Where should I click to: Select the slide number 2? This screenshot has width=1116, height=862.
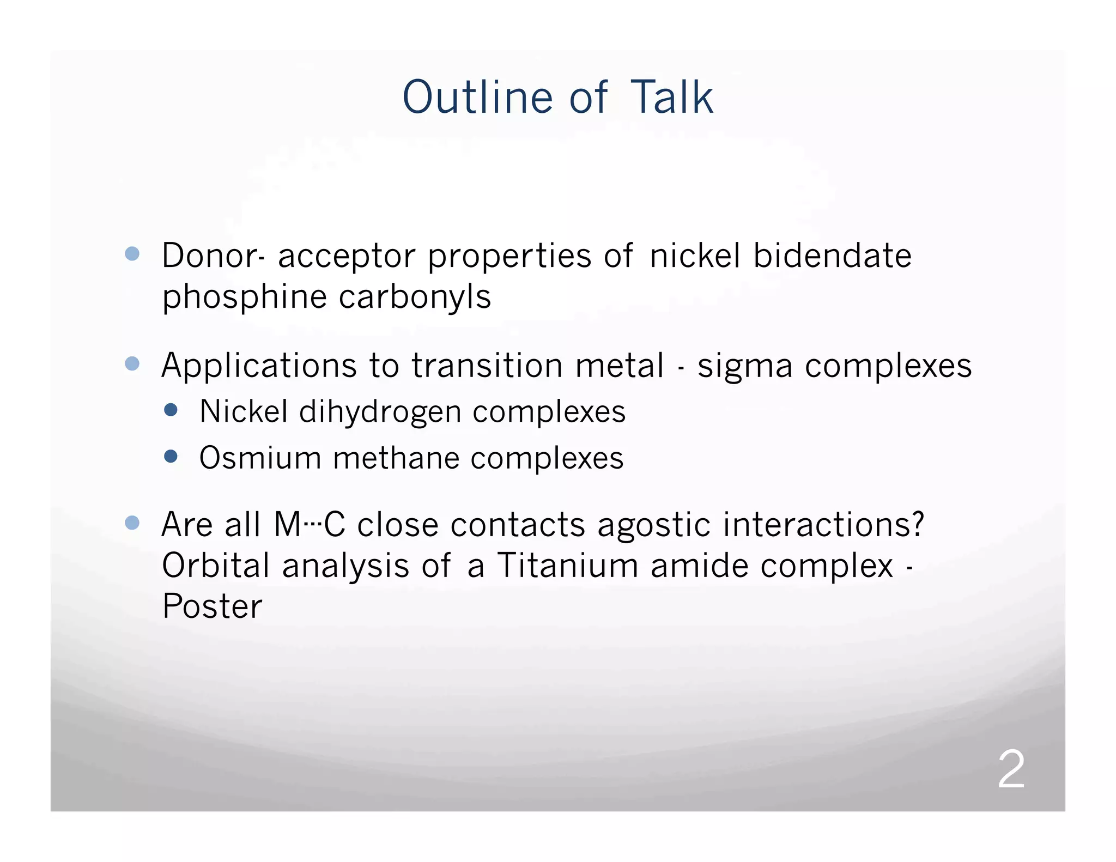[x=1011, y=769]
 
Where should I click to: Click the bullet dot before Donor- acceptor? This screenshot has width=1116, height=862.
[x=132, y=253]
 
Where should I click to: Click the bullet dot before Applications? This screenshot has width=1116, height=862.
[x=132, y=363]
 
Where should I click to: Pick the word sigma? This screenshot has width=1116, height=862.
[x=745, y=366]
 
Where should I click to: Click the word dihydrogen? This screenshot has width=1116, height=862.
[x=380, y=412]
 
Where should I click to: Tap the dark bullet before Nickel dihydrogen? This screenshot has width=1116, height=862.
[x=171, y=410]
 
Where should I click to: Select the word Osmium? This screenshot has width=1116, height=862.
[x=260, y=458]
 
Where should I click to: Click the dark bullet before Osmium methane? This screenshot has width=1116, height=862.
[x=171, y=456]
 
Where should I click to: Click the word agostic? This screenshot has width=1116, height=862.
[x=654, y=525]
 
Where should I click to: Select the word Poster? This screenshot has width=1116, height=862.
[x=212, y=606]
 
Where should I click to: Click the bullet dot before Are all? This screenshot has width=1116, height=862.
[x=132, y=523]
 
